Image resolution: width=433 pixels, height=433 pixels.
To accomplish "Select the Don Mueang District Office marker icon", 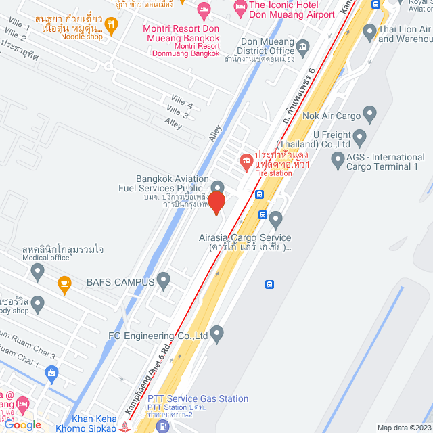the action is (x=302, y=47).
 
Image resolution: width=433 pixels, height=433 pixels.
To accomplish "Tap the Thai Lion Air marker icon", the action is (x=369, y=31).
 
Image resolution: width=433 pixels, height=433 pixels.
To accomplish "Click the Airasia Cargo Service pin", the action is (x=275, y=219).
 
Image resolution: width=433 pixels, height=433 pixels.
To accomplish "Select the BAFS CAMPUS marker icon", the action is (x=163, y=279).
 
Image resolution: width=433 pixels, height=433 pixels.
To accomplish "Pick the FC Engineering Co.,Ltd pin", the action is (x=216, y=332).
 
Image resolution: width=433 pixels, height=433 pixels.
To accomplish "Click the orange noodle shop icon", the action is (x=112, y=26).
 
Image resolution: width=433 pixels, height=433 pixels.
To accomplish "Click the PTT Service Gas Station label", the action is (x=198, y=399).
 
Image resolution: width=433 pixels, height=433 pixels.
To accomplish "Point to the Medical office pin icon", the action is (x=38, y=272).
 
